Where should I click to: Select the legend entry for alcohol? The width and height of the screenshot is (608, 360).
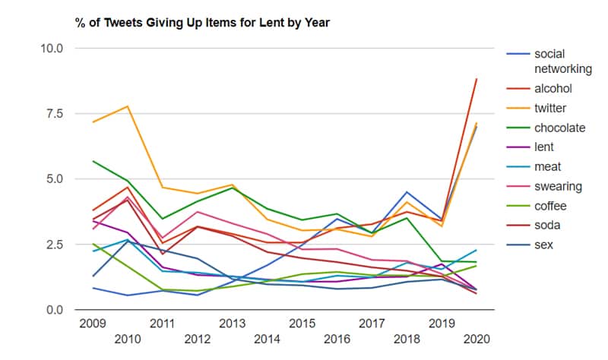tap(553, 89)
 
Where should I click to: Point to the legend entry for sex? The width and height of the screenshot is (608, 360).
tap(544, 245)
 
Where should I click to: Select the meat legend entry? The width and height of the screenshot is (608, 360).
tap(548, 167)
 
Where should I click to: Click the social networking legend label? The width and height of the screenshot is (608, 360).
tap(562, 62)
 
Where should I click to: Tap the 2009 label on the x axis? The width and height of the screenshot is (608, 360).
tap(92, 324)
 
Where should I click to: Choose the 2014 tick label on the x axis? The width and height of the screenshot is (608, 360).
tap(267, 338)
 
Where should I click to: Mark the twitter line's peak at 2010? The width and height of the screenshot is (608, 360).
tap(127, 106)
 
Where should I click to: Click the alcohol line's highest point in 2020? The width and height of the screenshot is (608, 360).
tap(477, 79)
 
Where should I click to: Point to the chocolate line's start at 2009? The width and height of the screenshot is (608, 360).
tap(92, 161)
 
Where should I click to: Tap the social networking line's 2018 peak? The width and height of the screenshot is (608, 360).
tap(407, 192)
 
